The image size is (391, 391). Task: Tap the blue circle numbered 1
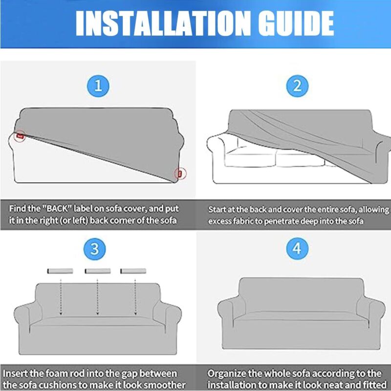pos(98,87)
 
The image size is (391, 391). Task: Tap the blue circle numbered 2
pos(297,87)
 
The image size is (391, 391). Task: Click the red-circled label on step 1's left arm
pos(20,135)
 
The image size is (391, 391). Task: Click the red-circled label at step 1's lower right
pos(180,173)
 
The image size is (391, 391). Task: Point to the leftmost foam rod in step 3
pos(60,271)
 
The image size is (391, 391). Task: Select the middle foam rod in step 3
pos(97,271)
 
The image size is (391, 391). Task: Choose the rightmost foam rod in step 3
pos(133,271)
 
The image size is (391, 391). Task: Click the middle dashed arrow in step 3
pos(97,296)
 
